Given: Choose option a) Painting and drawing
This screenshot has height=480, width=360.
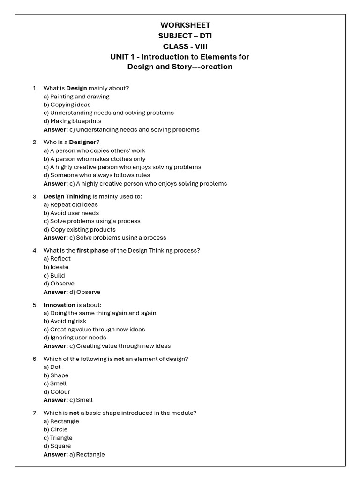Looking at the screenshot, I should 76,97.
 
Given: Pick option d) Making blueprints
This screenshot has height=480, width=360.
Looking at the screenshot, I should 72,121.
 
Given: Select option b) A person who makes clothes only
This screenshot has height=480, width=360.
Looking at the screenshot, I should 94,159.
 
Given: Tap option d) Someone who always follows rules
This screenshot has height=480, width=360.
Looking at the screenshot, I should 97,175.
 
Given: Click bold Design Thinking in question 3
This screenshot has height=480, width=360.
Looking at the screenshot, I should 67,196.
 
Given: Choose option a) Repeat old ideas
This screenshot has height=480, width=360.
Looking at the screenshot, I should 71,205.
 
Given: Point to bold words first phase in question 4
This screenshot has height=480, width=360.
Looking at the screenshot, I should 92,250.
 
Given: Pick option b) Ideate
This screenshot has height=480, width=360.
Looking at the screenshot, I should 56,267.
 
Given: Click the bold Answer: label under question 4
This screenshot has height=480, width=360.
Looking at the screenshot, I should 55,292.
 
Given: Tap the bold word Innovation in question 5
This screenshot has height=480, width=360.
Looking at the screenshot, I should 60,305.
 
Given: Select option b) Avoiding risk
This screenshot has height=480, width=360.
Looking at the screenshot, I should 65,321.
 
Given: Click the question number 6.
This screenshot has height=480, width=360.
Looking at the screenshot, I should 35,359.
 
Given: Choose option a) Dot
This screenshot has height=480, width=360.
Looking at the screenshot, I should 52,367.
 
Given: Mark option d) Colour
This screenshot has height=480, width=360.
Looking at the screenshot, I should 57,392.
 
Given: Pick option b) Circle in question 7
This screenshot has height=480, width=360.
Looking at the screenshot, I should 55,429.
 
